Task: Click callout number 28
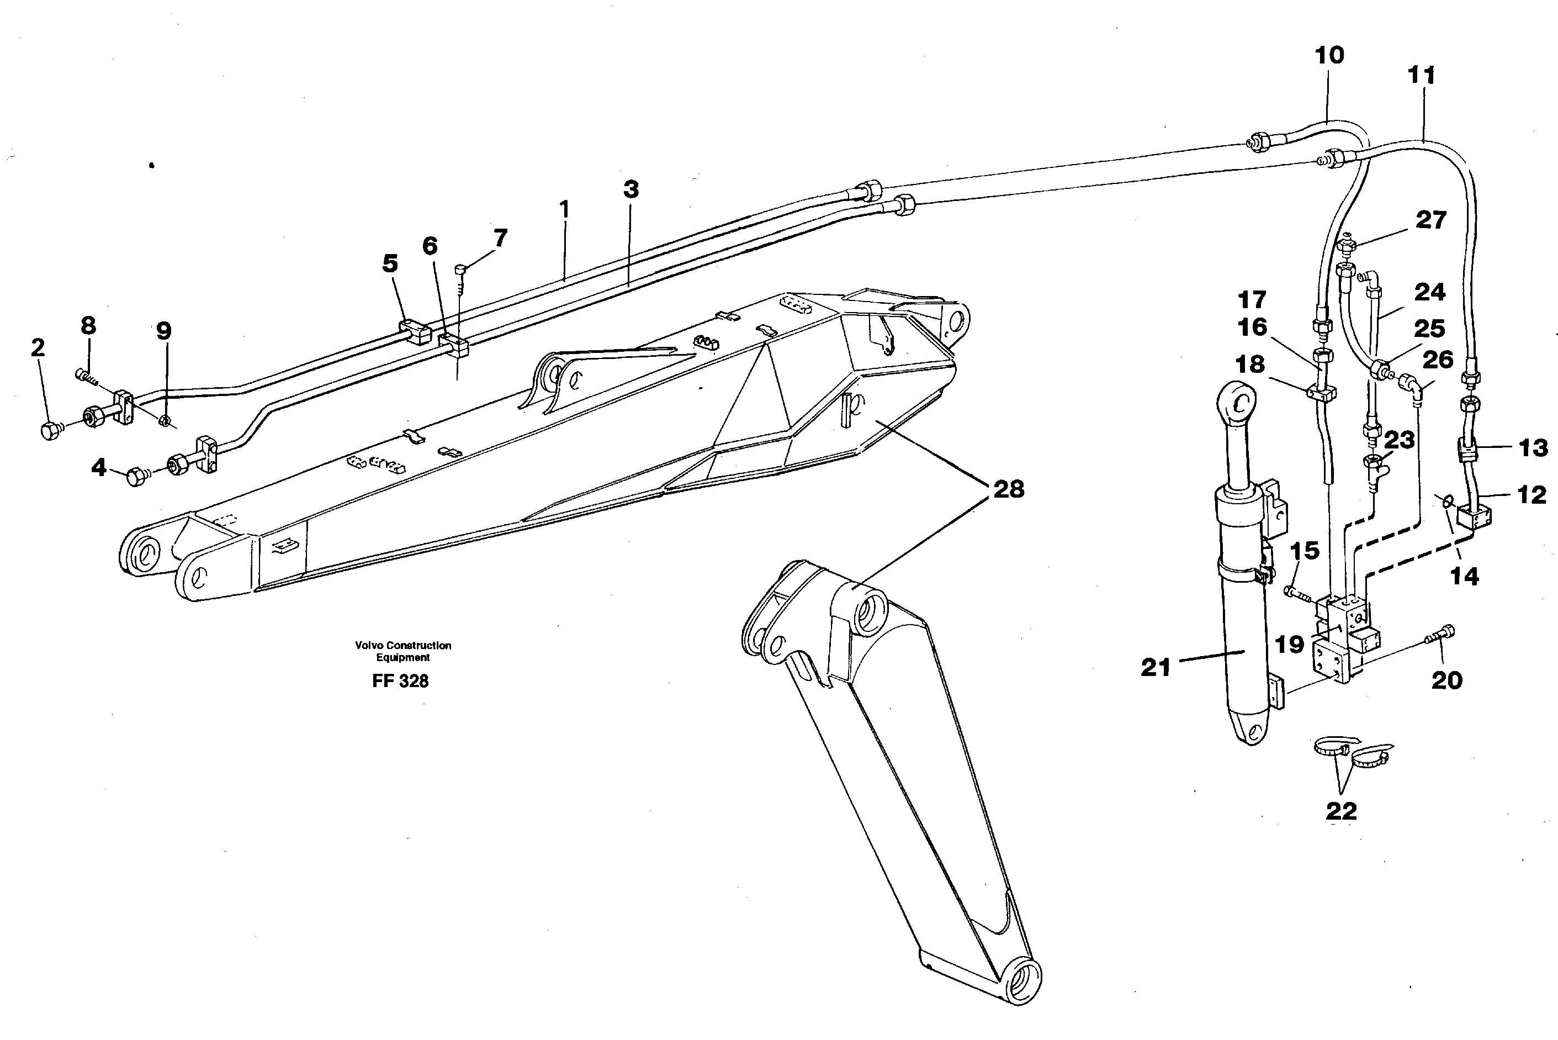click(1008, 489)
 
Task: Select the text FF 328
click(400, 681)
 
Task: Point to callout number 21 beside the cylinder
click(1156, 667)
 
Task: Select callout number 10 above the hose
click(1329, 55)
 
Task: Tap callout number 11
click(1422, 76)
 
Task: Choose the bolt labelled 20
click(1439, 635)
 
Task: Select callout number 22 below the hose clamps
click(1340, 810)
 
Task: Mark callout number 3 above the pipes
click(630, 189)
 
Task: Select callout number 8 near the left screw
click(88, 326)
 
